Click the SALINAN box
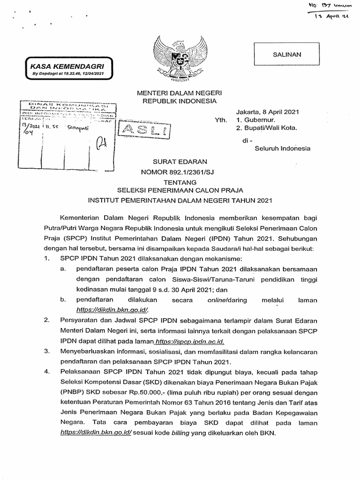point(287,54)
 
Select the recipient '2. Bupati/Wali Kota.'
point(267,127)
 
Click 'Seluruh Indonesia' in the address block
point(282,149)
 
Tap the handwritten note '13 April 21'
point(333,17)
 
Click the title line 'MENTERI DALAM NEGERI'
point(180,92)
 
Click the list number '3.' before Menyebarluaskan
point(46,351)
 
